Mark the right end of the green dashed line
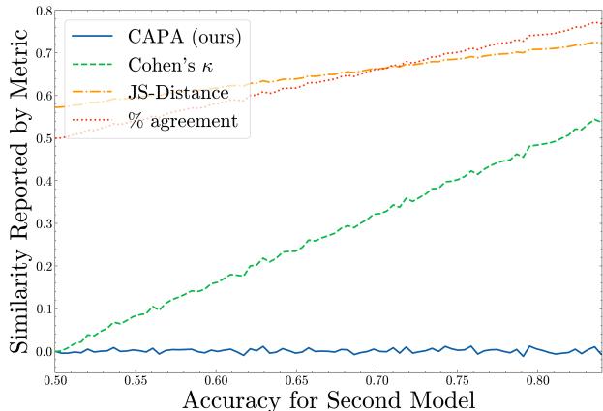click(601, 121)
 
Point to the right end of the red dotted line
click(601, 21)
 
